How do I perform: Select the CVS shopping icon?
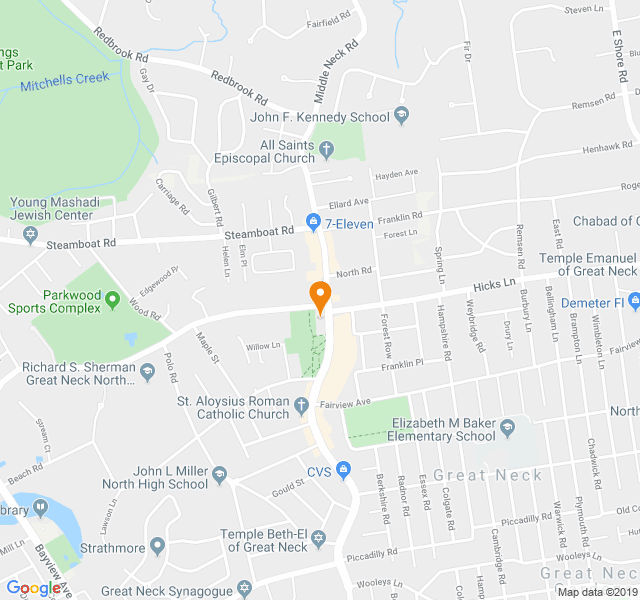(343, 469)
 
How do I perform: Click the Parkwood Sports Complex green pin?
(112, 300)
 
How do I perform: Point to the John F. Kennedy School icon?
(401, 116)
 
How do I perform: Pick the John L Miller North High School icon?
(220, 474)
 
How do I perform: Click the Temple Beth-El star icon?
(320, 540)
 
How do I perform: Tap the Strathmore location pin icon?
(157, 546)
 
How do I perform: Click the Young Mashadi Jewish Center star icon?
(30, 234)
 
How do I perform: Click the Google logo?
(34, 588)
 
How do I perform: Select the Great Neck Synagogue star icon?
(243, 589)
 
